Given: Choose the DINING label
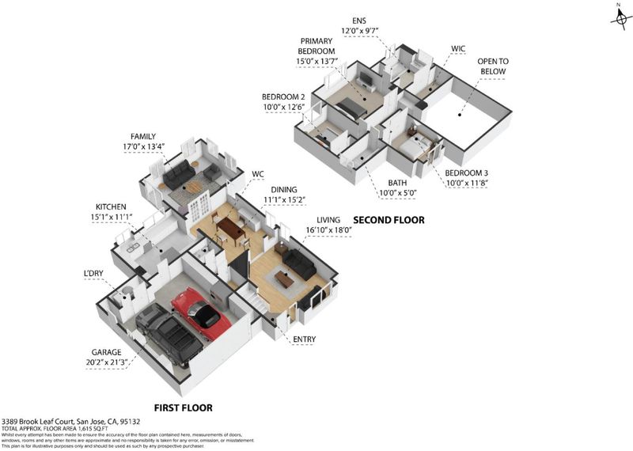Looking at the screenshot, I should click(285, 190).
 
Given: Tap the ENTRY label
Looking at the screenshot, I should click(304, 339).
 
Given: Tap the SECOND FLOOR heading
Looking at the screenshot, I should click(389, 220).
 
